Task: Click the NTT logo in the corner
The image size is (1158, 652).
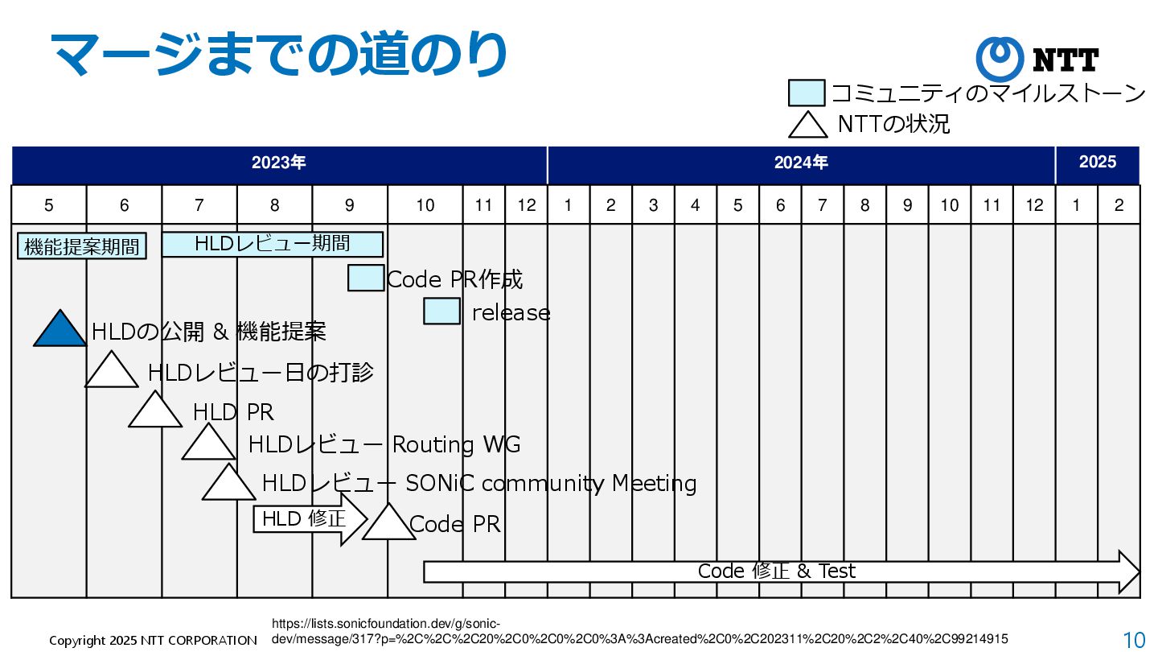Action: [x=1037, y=60]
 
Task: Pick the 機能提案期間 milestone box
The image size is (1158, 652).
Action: [x=82, y=246]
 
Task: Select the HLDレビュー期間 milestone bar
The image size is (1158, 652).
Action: [x=272, y=244]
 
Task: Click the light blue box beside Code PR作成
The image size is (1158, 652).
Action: [x=366, y=278]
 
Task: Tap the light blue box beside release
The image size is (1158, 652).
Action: [x=441, y=311]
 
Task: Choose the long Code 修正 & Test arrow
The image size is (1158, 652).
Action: [x=780, y=572]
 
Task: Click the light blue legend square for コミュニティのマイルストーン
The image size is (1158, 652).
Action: [x=807, y=93]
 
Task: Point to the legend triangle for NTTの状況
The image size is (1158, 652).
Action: [x=807, y=125]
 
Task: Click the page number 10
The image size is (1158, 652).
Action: [x=1134, y=640]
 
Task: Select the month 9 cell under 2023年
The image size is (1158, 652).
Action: [x=349, y=205]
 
